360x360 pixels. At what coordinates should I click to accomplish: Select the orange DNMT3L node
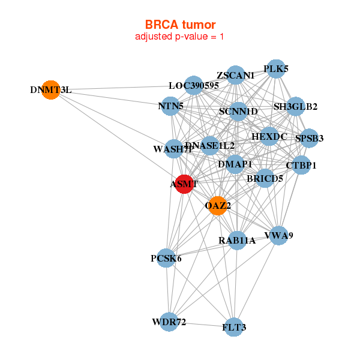51,90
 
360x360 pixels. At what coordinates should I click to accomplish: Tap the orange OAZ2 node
217,205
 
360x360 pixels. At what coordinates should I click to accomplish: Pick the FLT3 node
234,327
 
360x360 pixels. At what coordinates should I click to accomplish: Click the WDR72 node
170,322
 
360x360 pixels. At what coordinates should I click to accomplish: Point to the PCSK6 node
166,259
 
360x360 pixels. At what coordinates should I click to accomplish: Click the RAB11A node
237,241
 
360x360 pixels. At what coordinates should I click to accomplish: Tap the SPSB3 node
309,139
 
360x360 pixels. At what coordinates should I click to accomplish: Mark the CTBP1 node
300,165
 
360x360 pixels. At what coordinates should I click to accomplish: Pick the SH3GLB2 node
295,107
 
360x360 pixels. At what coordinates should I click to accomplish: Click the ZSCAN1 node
236,76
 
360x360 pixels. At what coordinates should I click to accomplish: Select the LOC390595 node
193,86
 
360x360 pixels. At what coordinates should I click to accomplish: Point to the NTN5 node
171,107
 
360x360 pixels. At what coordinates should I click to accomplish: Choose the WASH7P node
173,149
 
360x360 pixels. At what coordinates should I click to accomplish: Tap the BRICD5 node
265,178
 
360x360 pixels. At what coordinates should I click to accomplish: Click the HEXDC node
269,137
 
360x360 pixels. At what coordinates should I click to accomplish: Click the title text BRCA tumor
180,25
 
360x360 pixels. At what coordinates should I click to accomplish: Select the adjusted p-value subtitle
180,37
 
